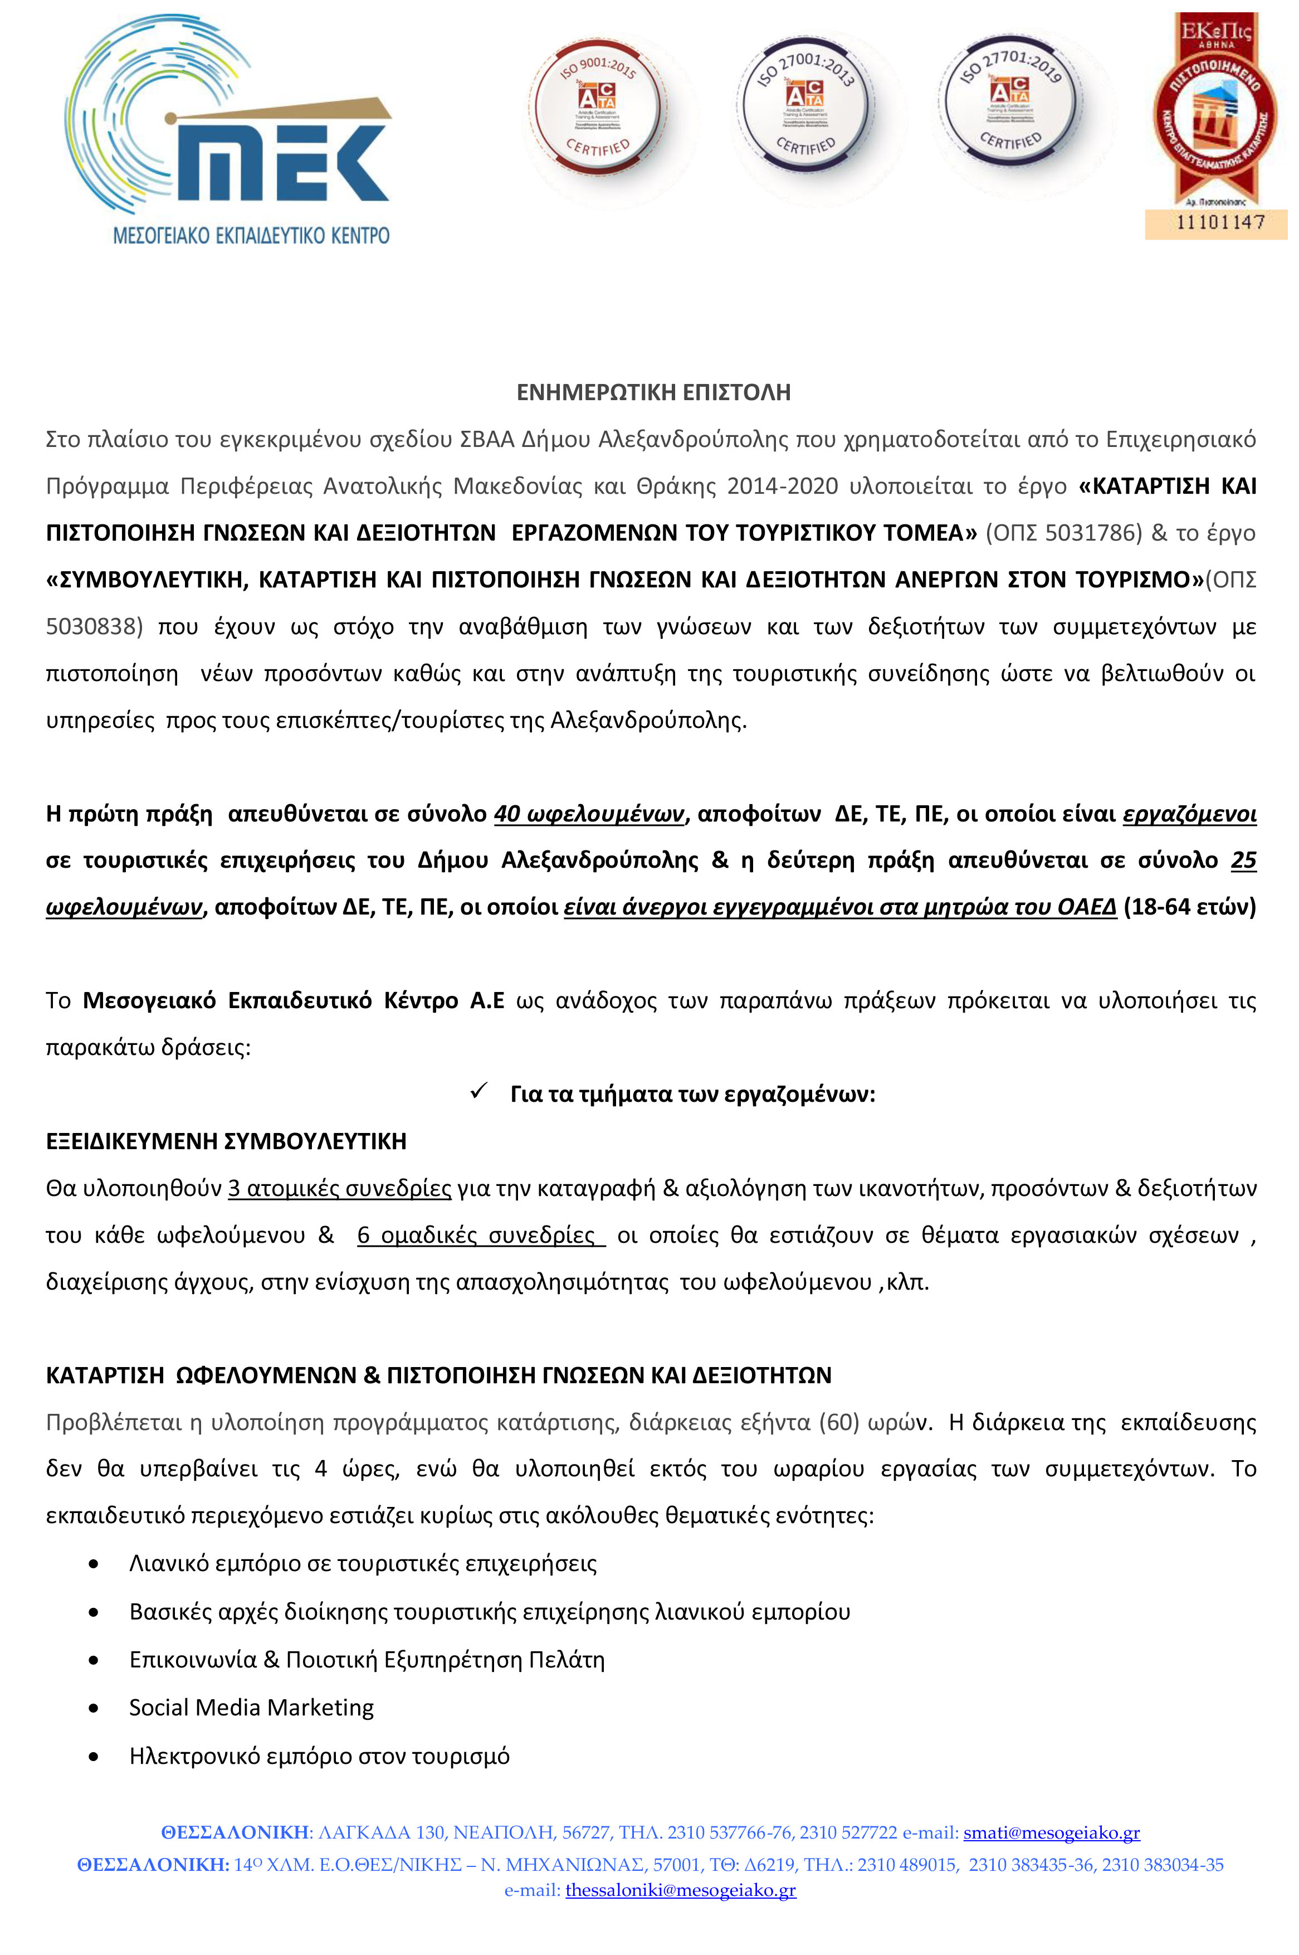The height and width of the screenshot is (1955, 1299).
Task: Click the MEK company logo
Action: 228,133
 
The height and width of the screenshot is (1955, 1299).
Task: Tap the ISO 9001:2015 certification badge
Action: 598,108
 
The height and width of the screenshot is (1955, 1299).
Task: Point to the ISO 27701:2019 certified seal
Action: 1010,104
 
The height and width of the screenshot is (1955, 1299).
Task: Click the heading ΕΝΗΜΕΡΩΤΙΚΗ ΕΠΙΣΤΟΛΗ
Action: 653,392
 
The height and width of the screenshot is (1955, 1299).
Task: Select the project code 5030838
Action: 90,626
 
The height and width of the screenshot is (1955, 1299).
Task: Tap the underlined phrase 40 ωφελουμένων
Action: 589,814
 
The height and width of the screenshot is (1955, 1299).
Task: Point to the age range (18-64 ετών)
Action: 1189,907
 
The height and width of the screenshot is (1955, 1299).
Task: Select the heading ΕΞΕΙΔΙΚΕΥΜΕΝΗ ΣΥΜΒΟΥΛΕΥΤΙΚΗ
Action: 226,1141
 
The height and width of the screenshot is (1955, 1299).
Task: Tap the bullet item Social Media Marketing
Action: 251,1707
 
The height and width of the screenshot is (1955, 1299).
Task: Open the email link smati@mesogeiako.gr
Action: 1051,1832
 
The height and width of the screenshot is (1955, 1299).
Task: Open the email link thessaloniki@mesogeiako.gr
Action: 680,1890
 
